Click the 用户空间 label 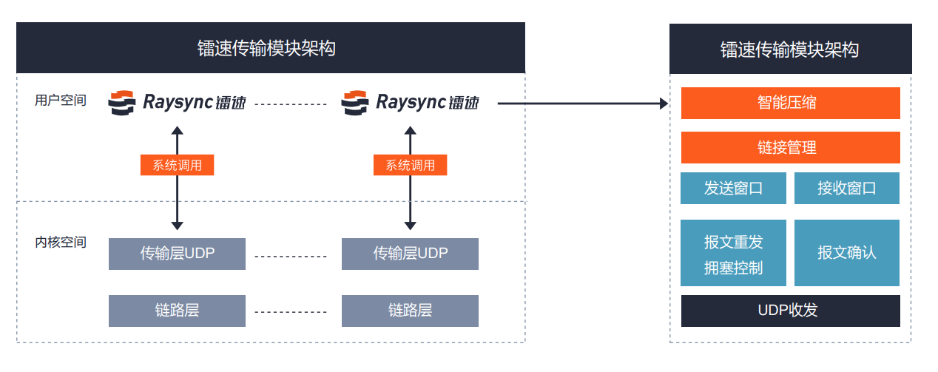[61, 100]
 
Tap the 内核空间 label [61, 242]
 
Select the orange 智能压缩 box [790, 103]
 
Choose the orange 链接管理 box [790, 147]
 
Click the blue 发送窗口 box [733, 188]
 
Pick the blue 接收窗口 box [846, 188]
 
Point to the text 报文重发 [733, 242]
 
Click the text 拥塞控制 [733, 268]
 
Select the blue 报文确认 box [846, 252]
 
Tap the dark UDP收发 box [790, 311]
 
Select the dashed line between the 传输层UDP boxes [291, 257]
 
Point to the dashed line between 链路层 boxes [291, 311]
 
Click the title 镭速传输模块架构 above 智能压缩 [790, 50]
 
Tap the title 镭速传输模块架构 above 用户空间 [271, 49]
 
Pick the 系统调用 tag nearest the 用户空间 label [177, 166]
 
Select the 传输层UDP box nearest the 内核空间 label [177, 254]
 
